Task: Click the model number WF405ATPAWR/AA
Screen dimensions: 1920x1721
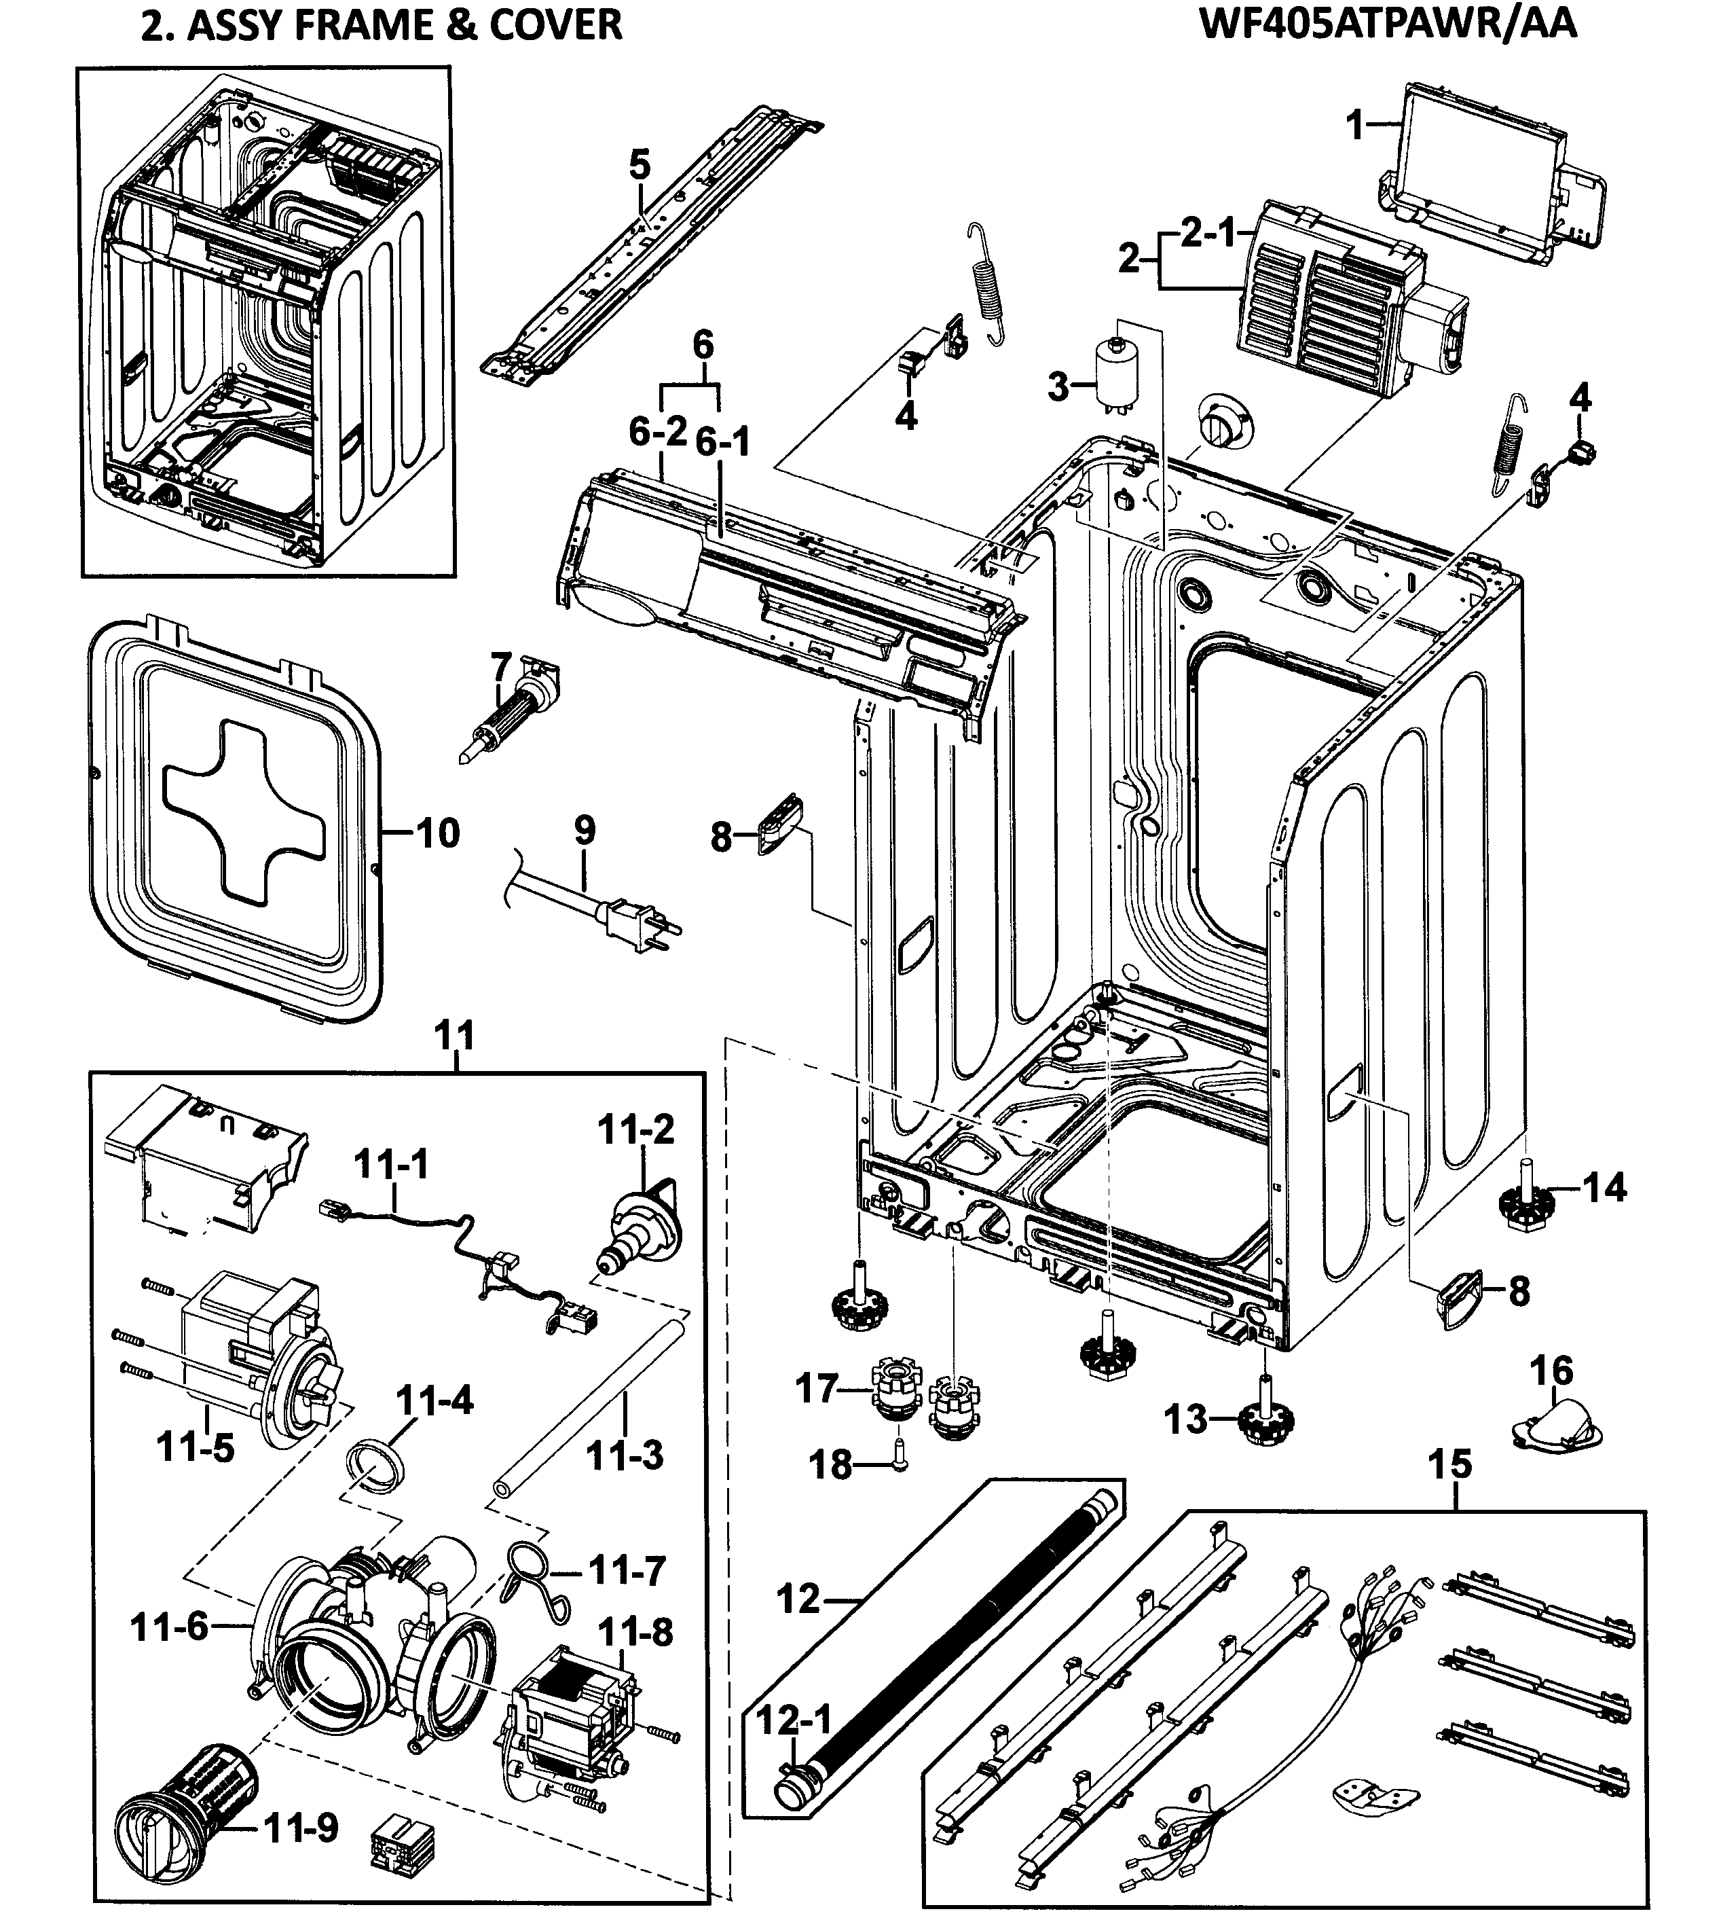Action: click(x=1388, y=24)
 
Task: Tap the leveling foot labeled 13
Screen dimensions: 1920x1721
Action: click(x=1265, y=1419)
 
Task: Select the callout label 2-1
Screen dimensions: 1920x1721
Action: click(x=1208, y=233)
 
